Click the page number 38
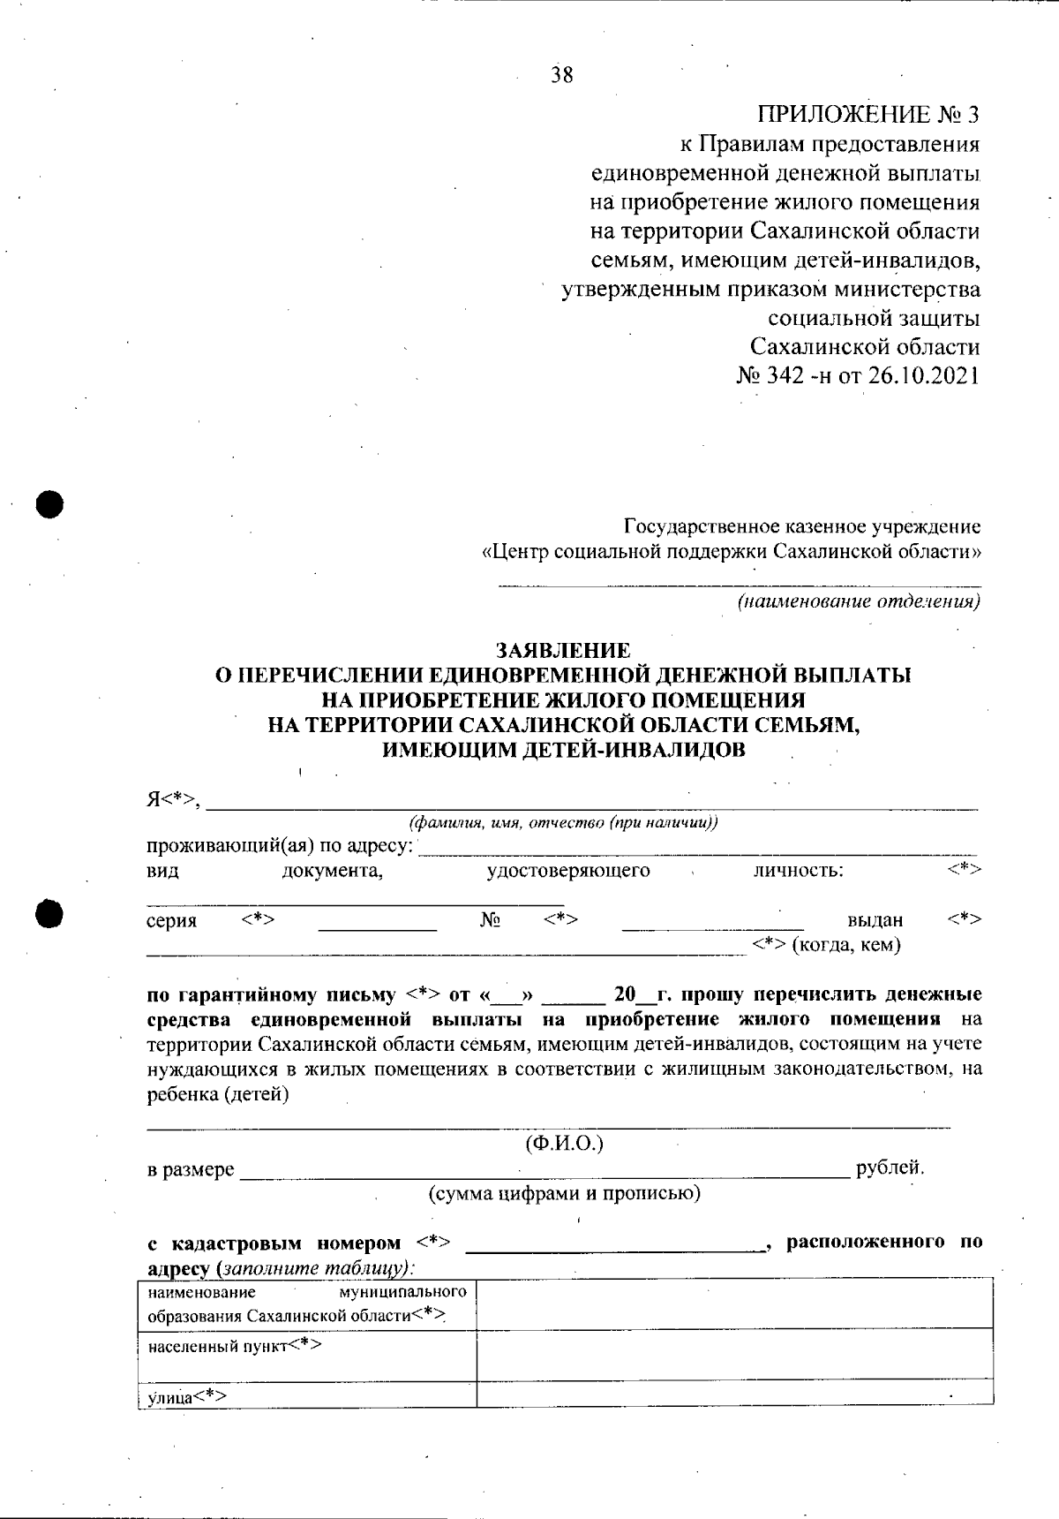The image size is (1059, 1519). coord(562,75)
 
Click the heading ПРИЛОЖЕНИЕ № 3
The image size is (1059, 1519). coord(868,115)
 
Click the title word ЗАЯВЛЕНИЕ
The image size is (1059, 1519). coord(563,651)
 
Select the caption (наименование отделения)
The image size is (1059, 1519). coord(859,603)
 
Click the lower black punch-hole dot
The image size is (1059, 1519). coord(50,914)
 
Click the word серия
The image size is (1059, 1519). coord(171,921)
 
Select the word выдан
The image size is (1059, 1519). coord(875,920)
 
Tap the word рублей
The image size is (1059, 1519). coord(890,1168)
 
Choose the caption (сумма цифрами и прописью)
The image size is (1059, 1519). coord(564,1195)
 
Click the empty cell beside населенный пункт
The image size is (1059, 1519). coord(734,1355)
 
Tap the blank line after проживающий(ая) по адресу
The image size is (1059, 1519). coord(697,848)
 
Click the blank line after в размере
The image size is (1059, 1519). coord(543,1171)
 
